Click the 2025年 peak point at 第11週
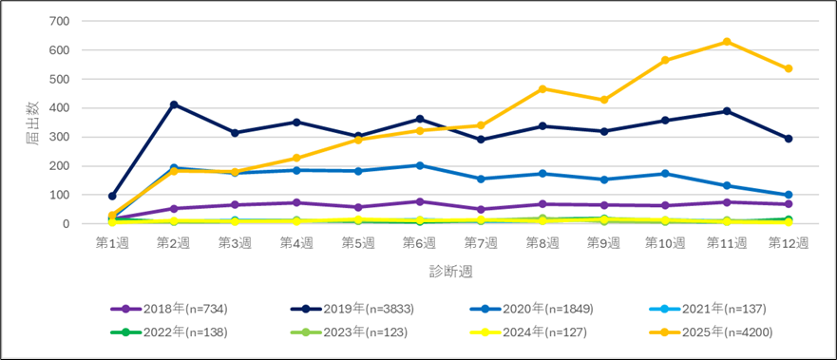[x=727, y=42]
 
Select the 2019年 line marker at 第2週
[x=174, y=104]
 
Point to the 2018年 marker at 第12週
[x=789, y=204]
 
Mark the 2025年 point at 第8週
[x=542, y=89]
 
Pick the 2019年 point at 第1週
[x=112, y=196]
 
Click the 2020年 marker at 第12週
[x=789, y=195]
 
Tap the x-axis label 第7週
[x=481, y=243]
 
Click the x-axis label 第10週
[x=665, y=243]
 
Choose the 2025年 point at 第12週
[x=789, y=68]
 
